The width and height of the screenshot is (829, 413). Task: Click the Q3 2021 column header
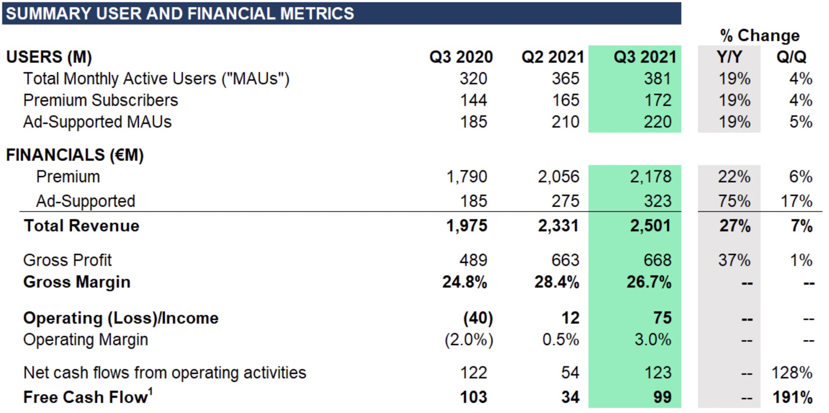[645, 57]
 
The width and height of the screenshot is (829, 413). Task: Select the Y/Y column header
[729, 57]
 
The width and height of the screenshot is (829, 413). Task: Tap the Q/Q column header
[791, 57]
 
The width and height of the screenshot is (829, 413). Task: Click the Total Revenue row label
[81, 226]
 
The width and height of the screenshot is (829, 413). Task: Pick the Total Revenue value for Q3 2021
[650, 226]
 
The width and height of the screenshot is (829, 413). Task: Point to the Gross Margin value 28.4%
[557, 282]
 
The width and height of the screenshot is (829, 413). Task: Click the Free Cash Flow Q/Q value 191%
[792, 397]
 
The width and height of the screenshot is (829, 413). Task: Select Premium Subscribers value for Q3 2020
[474, 100]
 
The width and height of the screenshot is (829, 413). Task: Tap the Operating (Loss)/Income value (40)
[478, 318]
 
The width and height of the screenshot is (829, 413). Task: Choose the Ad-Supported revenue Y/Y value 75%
[734, 201]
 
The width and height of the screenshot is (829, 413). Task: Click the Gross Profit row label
[67, 260]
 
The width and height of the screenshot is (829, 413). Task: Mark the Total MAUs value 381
[658, 79]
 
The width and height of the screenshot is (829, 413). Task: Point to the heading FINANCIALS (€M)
[75, 155]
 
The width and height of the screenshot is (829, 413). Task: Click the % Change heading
[760, 35]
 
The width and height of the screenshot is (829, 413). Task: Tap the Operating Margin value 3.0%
[653, 340]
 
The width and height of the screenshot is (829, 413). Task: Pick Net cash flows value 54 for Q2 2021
[570, 373]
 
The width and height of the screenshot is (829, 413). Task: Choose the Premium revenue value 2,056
[559, 177]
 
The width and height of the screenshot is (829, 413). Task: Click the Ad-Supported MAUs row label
[97, 122]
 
